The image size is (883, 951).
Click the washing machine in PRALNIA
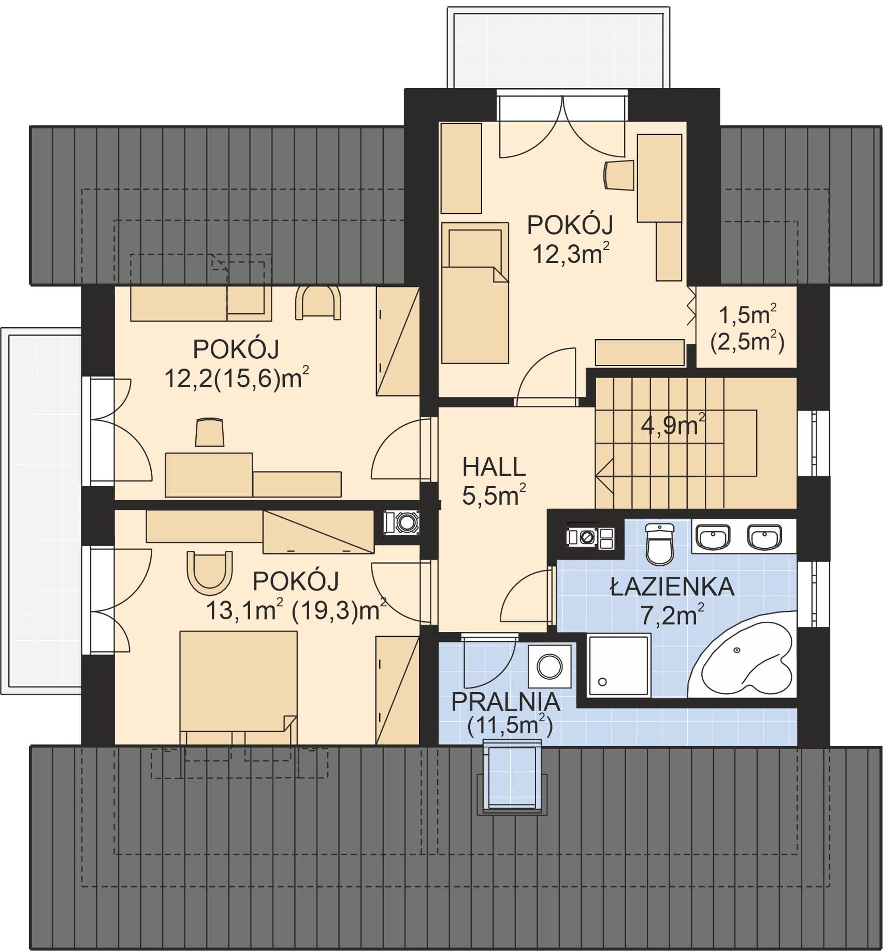click(x=550, y=666)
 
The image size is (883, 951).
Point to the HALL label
click(x=494, y=467)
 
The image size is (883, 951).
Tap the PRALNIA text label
click(x=506, y=702)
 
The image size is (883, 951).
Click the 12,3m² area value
click(x=570, y=254)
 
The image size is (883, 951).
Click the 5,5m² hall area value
click(x=494, y=495)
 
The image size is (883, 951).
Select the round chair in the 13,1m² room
click(x=210, y=572)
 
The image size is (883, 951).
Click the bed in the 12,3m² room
click(x=474, y=293)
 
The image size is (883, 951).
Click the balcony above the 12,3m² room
click(x=558, y=49)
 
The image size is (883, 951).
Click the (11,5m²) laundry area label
click(x=510, y=726)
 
